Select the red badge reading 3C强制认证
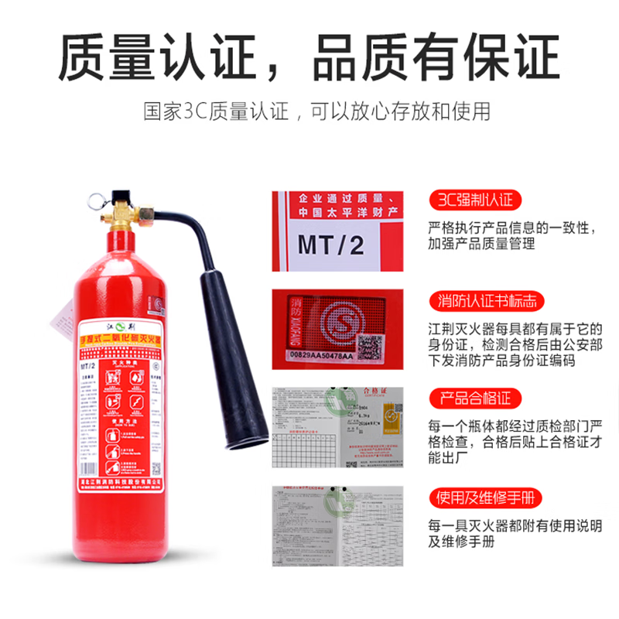(474, 200)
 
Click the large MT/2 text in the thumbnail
(330, 245)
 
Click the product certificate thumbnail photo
(337, 426)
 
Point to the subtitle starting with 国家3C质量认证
(317, 111)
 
